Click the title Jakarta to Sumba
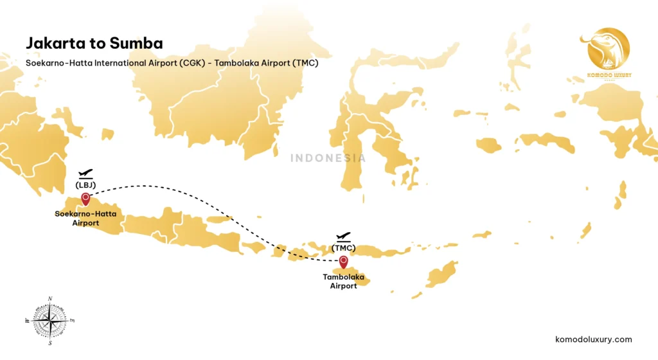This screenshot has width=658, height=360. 94,43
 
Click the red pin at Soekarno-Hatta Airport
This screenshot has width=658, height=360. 85,199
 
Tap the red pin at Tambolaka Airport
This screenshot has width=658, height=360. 344,261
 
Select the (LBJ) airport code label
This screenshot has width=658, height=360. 85,185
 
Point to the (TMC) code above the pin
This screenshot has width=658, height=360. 344,248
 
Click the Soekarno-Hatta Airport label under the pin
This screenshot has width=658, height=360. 85,219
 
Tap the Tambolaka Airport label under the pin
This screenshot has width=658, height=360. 344,282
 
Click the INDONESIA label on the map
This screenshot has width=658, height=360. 328,157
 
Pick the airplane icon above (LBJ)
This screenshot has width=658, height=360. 85,174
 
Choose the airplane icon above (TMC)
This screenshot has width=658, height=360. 344,237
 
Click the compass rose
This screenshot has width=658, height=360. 50,319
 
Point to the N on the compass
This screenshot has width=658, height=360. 50,298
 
